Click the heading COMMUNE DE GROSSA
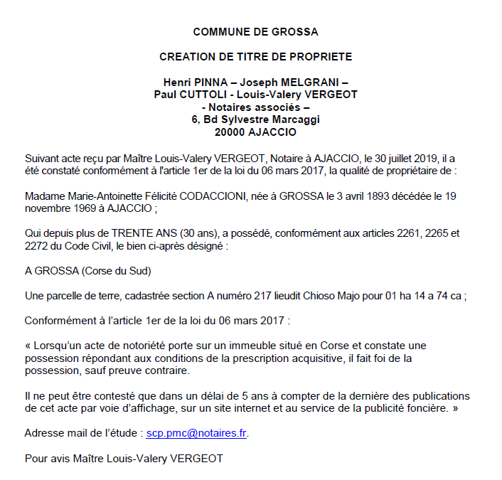tap(255, 32)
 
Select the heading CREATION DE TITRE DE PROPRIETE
tap(255, 57)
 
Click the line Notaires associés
tap(255, 107)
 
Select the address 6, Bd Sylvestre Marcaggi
tap(255, 119)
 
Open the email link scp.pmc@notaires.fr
tap(197, 432)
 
